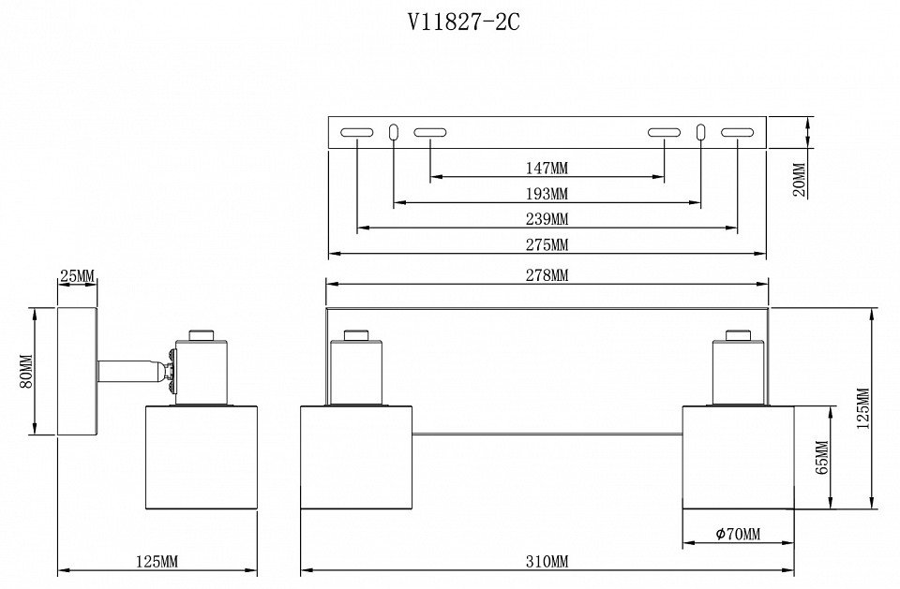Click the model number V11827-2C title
(x=463, y=22)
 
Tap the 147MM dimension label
(x=547, y=169)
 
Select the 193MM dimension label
(x=547, y=194)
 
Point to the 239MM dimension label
(x=547, y=219)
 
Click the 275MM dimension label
(x=547, y=245)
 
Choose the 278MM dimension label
(x=547, y=275)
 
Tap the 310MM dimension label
(x=547, y=562)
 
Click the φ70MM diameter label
(x=738, y=535)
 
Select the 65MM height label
(x=822, y=459)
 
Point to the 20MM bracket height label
(x=799, y=179)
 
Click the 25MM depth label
(x=77, y=276)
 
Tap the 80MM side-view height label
(x=26, y=371)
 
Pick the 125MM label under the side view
(x=157, y=562)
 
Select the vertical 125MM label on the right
(x=863, y=407)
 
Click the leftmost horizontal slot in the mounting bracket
(x=356, y=133)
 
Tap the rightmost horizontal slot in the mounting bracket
(x=738, y=133)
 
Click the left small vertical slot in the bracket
(x=394, y=133)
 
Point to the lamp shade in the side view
(x=202, y=457)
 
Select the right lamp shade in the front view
(x=738, y=457)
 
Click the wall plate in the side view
(x=77, y=371)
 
